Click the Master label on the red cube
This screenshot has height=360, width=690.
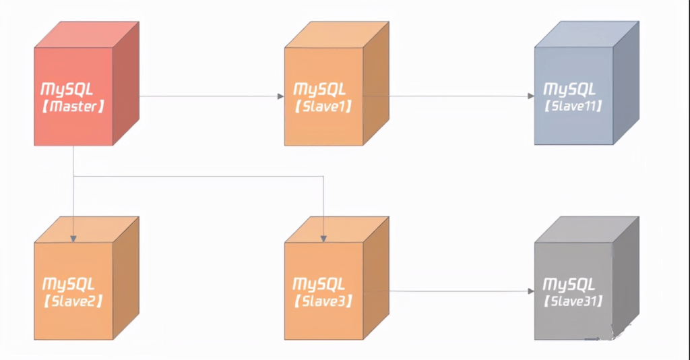click(73, 107)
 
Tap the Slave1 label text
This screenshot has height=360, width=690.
click(323, 107)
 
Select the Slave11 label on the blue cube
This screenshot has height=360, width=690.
click(573, 107)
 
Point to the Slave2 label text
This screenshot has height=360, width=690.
click(73, 301)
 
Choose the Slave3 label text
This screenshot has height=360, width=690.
click(323, 301)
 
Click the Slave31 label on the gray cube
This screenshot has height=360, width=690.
click(573, 301)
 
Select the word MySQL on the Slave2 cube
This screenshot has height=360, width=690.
click(69, 284)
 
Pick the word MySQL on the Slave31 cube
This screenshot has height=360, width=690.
click(569, 284)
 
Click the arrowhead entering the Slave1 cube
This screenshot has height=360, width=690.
click(280, 96)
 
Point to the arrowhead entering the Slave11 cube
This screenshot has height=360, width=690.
click(531, 96)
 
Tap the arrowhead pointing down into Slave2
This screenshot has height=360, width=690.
click(73, 238)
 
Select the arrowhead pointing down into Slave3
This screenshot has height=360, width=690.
click(323, 238)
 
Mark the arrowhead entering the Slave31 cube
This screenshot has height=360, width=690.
click(531, 291)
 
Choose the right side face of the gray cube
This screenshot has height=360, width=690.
click(626, 279)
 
